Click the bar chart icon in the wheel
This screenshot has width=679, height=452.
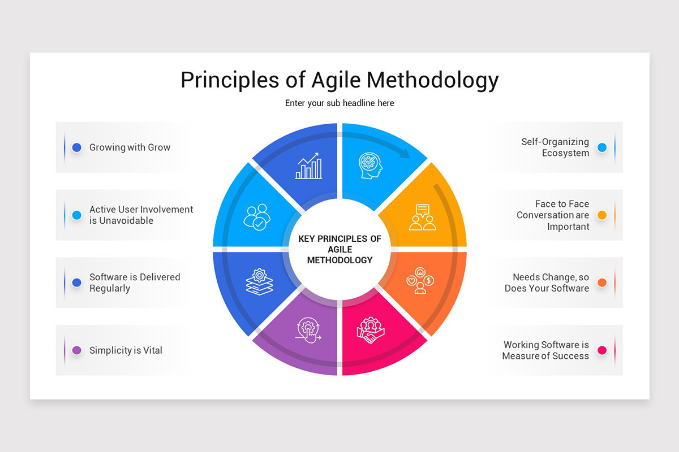click(308, 166)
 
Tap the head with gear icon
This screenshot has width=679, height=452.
click(371, 166)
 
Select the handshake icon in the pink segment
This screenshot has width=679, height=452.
click(371, 330)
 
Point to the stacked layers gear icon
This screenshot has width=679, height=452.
click(260, 281)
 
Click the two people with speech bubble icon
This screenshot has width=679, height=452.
click(423, 218)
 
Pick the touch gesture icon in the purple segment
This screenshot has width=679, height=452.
click(308, 331)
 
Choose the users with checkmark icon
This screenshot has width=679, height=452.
click(257, 218)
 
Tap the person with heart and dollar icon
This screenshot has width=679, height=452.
click(420, 281)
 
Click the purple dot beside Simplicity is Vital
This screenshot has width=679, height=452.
click(77, 350)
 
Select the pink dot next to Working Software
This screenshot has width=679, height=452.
click(602, 350)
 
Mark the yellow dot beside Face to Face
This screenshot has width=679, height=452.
click(602, 215)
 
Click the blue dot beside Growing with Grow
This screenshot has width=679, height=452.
click(77, 147)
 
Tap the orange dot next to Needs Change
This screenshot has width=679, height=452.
click(602, 282)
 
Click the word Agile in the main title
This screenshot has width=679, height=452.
click(336, 81)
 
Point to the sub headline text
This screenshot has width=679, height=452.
click(339, 103)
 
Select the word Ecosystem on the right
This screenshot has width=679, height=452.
click(566, 153)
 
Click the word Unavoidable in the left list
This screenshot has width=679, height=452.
click(126, 221)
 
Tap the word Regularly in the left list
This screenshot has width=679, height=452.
click(110, 289)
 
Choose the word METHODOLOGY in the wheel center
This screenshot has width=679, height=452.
click(340, 260)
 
